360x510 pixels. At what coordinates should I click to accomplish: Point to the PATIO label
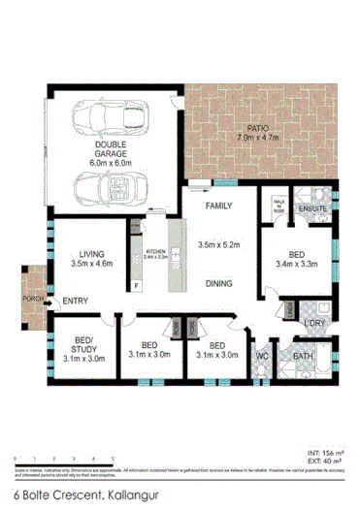[257, 127]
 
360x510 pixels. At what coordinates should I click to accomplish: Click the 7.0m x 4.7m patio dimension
[257, 137]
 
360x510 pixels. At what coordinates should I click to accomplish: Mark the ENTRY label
[76, 302]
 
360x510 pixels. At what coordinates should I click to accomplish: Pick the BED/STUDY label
[89, 345]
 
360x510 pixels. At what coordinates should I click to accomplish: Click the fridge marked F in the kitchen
[136, 286]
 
